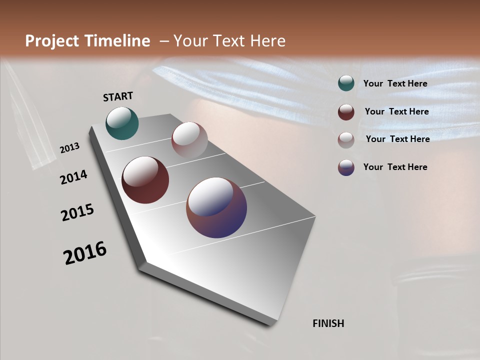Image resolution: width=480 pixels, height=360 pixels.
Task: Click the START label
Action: pos(118,96)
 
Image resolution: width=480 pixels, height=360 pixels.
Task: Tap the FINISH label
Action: pos(328,323)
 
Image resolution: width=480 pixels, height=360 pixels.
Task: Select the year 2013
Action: pos(70,148)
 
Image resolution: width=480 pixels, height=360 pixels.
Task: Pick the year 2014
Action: pos(74,177)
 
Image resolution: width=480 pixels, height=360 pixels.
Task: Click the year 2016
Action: pos(85,253)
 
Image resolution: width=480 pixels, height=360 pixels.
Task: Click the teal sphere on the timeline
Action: pos(122,123)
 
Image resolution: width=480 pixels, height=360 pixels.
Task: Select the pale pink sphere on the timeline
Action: pos(189,140)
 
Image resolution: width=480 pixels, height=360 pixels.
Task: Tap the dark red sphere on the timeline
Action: pos(145,180)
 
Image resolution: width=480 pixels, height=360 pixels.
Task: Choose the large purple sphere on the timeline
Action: pos(216,207)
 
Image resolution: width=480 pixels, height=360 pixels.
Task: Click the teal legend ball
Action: pos(346,83)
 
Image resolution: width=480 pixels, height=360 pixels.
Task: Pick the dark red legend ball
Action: pos(346,112)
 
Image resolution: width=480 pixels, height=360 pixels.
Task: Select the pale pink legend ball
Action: pos(346,140)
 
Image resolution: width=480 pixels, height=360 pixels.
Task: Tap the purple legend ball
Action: pos(346,167)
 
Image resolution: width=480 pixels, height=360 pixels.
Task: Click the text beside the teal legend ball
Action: pos(395,83)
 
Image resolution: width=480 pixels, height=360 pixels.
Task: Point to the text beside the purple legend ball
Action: pos(395,167)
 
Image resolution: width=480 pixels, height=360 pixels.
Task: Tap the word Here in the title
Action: pos(267,41)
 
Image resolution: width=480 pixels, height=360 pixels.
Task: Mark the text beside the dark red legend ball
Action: pos(396,111)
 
